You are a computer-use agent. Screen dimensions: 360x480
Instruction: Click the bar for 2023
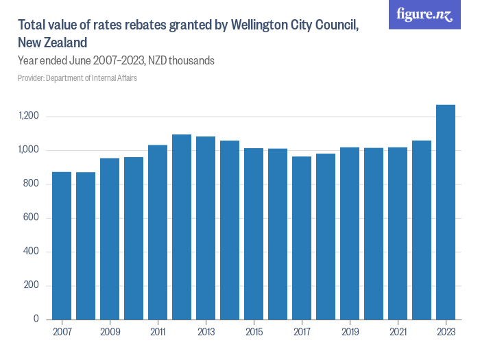[x=446, y=213]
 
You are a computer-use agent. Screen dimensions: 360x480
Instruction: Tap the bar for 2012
[x=182, y=227]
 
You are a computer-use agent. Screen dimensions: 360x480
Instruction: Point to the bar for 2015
[x=254, y=234]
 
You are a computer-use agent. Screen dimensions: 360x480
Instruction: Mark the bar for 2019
[x=350, y=233]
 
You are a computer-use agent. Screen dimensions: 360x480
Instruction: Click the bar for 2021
[x=398, y=233]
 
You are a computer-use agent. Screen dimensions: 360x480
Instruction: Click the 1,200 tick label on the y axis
[x=29, y=117]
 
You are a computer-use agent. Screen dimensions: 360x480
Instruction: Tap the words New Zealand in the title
[x=52, y=43]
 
